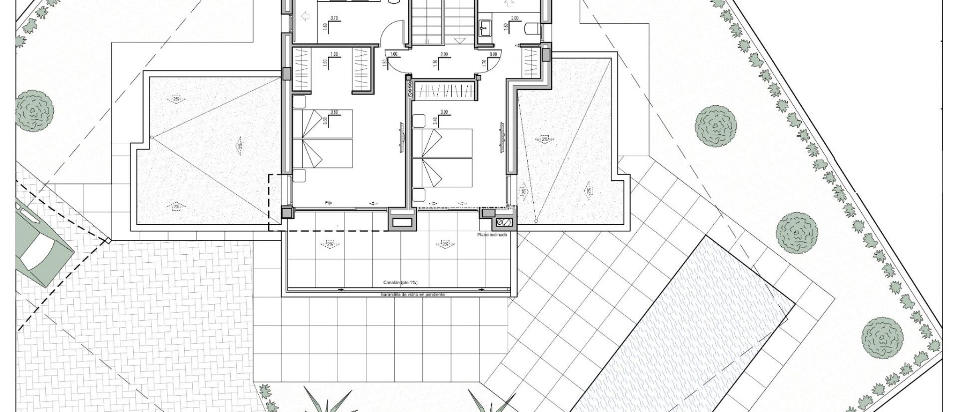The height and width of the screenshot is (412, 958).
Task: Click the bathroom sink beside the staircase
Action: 485,26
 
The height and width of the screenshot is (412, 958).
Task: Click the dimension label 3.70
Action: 334,18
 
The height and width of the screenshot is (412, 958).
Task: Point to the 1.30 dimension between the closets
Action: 334,54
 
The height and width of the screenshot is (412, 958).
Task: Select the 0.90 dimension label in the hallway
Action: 493,54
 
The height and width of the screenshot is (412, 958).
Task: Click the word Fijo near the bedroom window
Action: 328,203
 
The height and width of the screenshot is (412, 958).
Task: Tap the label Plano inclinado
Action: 492,235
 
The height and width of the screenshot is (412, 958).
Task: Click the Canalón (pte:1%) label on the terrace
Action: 399,283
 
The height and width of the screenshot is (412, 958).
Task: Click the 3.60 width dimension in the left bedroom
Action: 334,112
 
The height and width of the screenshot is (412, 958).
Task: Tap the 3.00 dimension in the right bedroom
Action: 444,112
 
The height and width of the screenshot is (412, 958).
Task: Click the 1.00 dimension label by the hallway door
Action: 393,54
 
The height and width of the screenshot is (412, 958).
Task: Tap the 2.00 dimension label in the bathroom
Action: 515,18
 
